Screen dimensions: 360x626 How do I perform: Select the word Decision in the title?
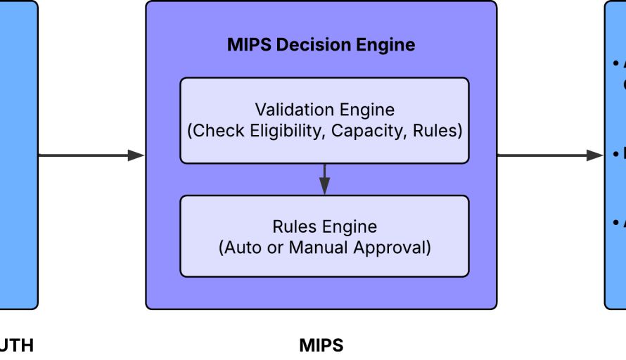tap(309, 45)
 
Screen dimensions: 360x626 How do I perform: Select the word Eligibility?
tap(284, 131)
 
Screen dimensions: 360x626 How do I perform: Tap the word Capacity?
tap(369, 131)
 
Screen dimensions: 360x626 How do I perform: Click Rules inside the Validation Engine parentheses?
tap(436, 131)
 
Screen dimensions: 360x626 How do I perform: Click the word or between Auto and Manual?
tap(274, 247)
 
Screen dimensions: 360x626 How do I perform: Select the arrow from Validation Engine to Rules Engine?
tap(324, 176)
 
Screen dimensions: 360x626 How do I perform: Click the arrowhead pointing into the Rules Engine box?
tap(324, 188)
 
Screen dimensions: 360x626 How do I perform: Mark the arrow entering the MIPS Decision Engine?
tap(91, 155)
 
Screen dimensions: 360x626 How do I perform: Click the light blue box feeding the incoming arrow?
tap(18, 155)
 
